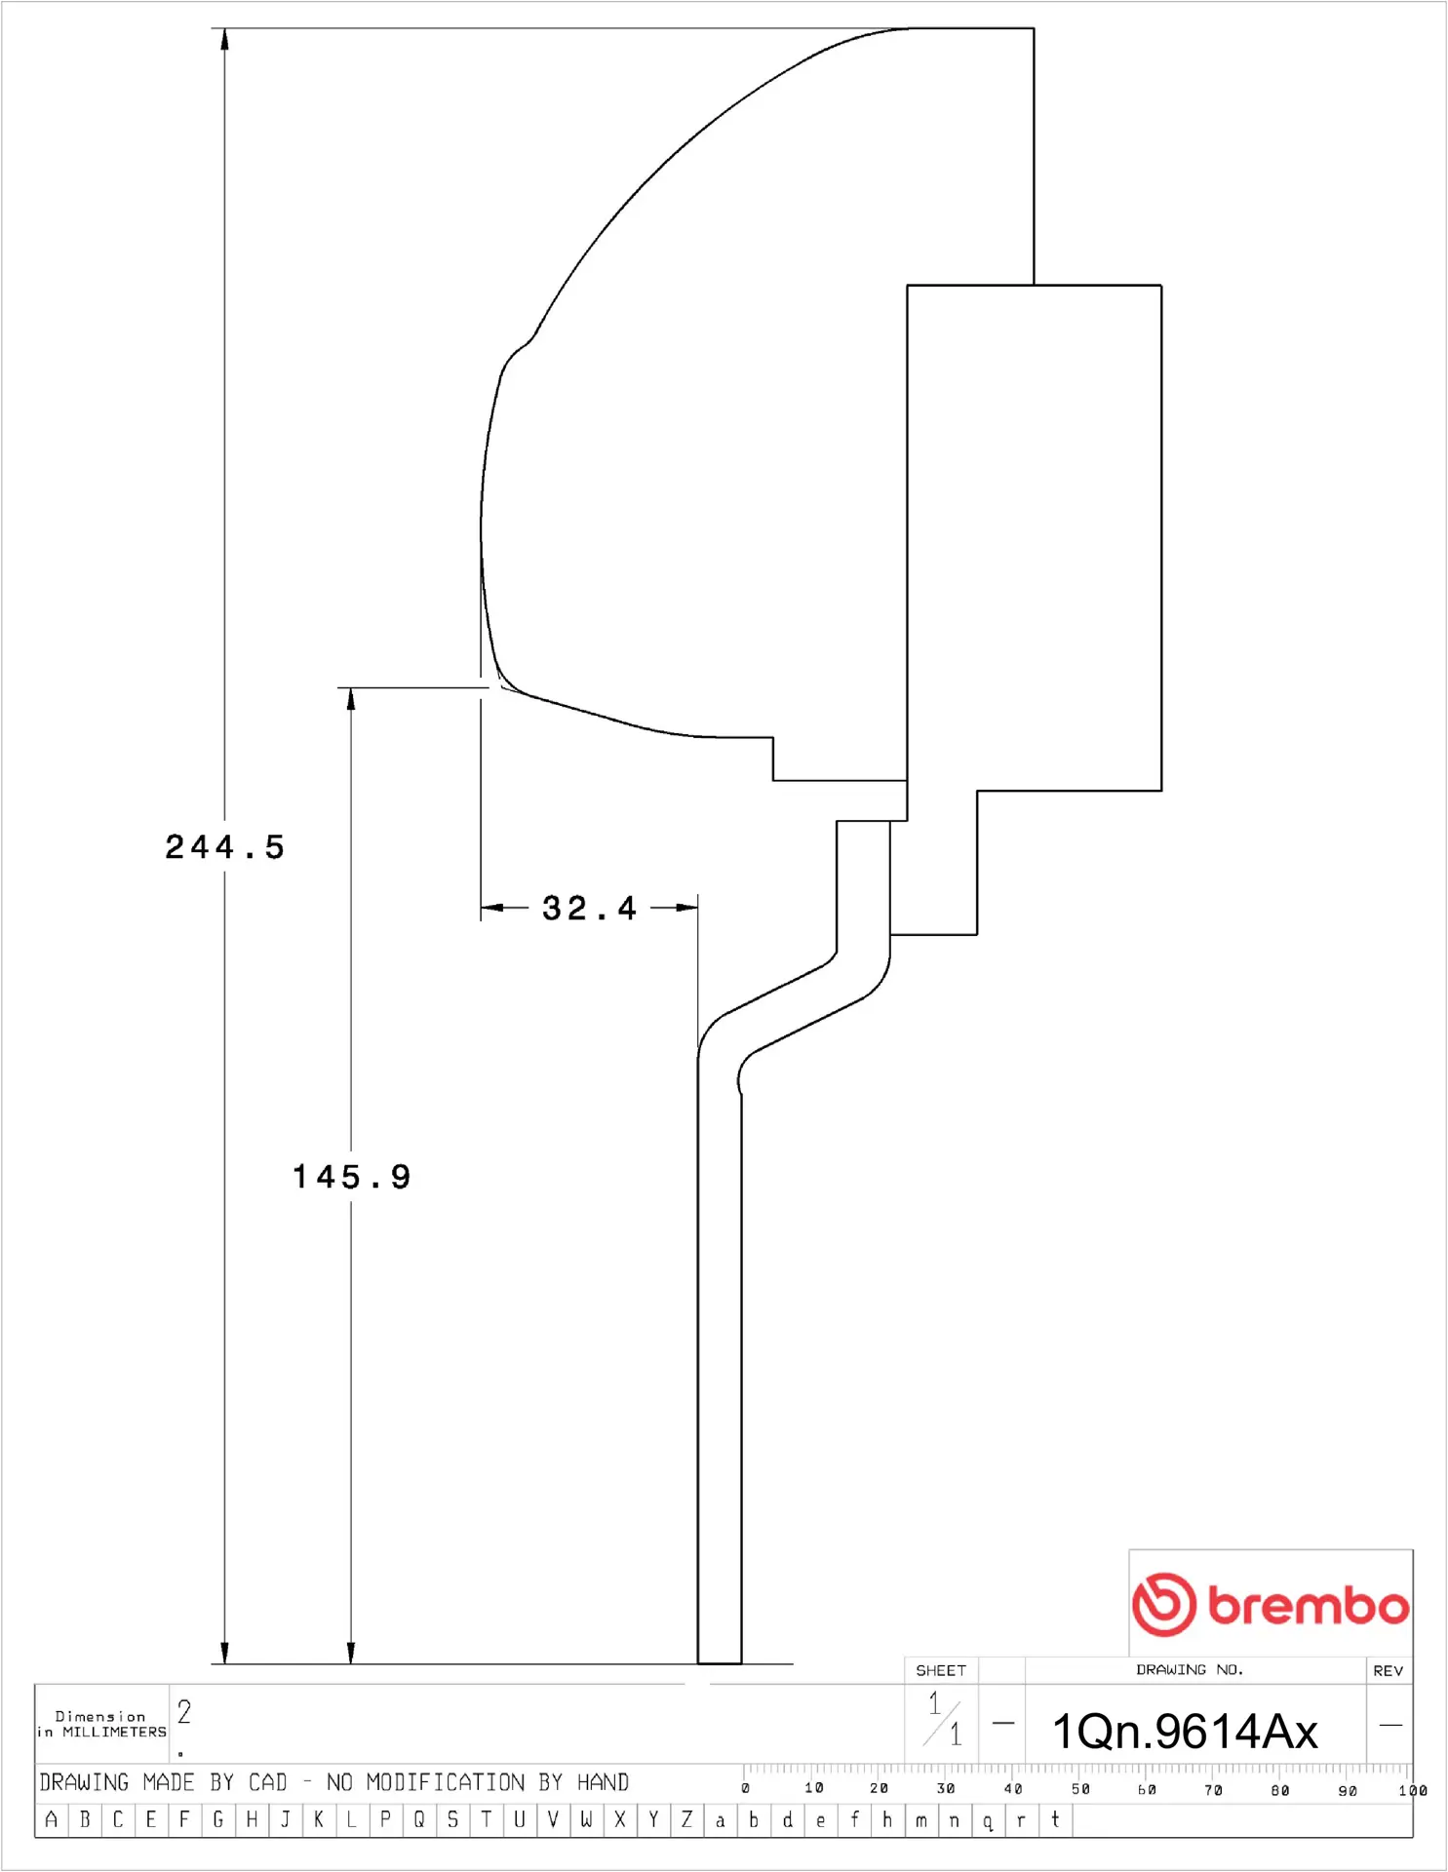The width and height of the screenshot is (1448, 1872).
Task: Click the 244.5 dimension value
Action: (224, 846)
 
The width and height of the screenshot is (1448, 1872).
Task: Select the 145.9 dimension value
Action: (352, 1177)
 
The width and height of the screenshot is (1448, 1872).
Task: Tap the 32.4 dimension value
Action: (589, 908)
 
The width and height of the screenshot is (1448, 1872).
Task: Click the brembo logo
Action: (1271, 1604)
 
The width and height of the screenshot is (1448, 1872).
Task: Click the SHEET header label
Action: (941, 1670)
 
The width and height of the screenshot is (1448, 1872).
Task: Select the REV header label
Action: (1389, 1670)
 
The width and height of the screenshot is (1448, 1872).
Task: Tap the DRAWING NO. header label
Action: (1190, 1669)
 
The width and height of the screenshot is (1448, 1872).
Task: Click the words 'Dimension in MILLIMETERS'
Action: (101, 1724)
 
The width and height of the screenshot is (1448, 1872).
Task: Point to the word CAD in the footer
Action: (268, 1782)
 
